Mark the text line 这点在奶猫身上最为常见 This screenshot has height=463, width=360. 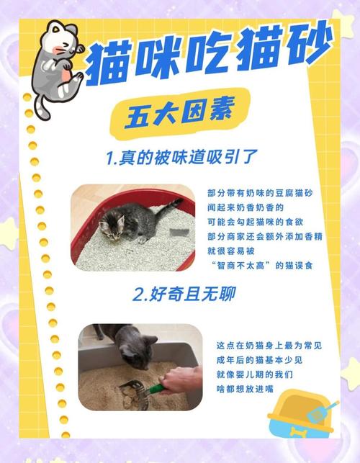click(267, 346)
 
